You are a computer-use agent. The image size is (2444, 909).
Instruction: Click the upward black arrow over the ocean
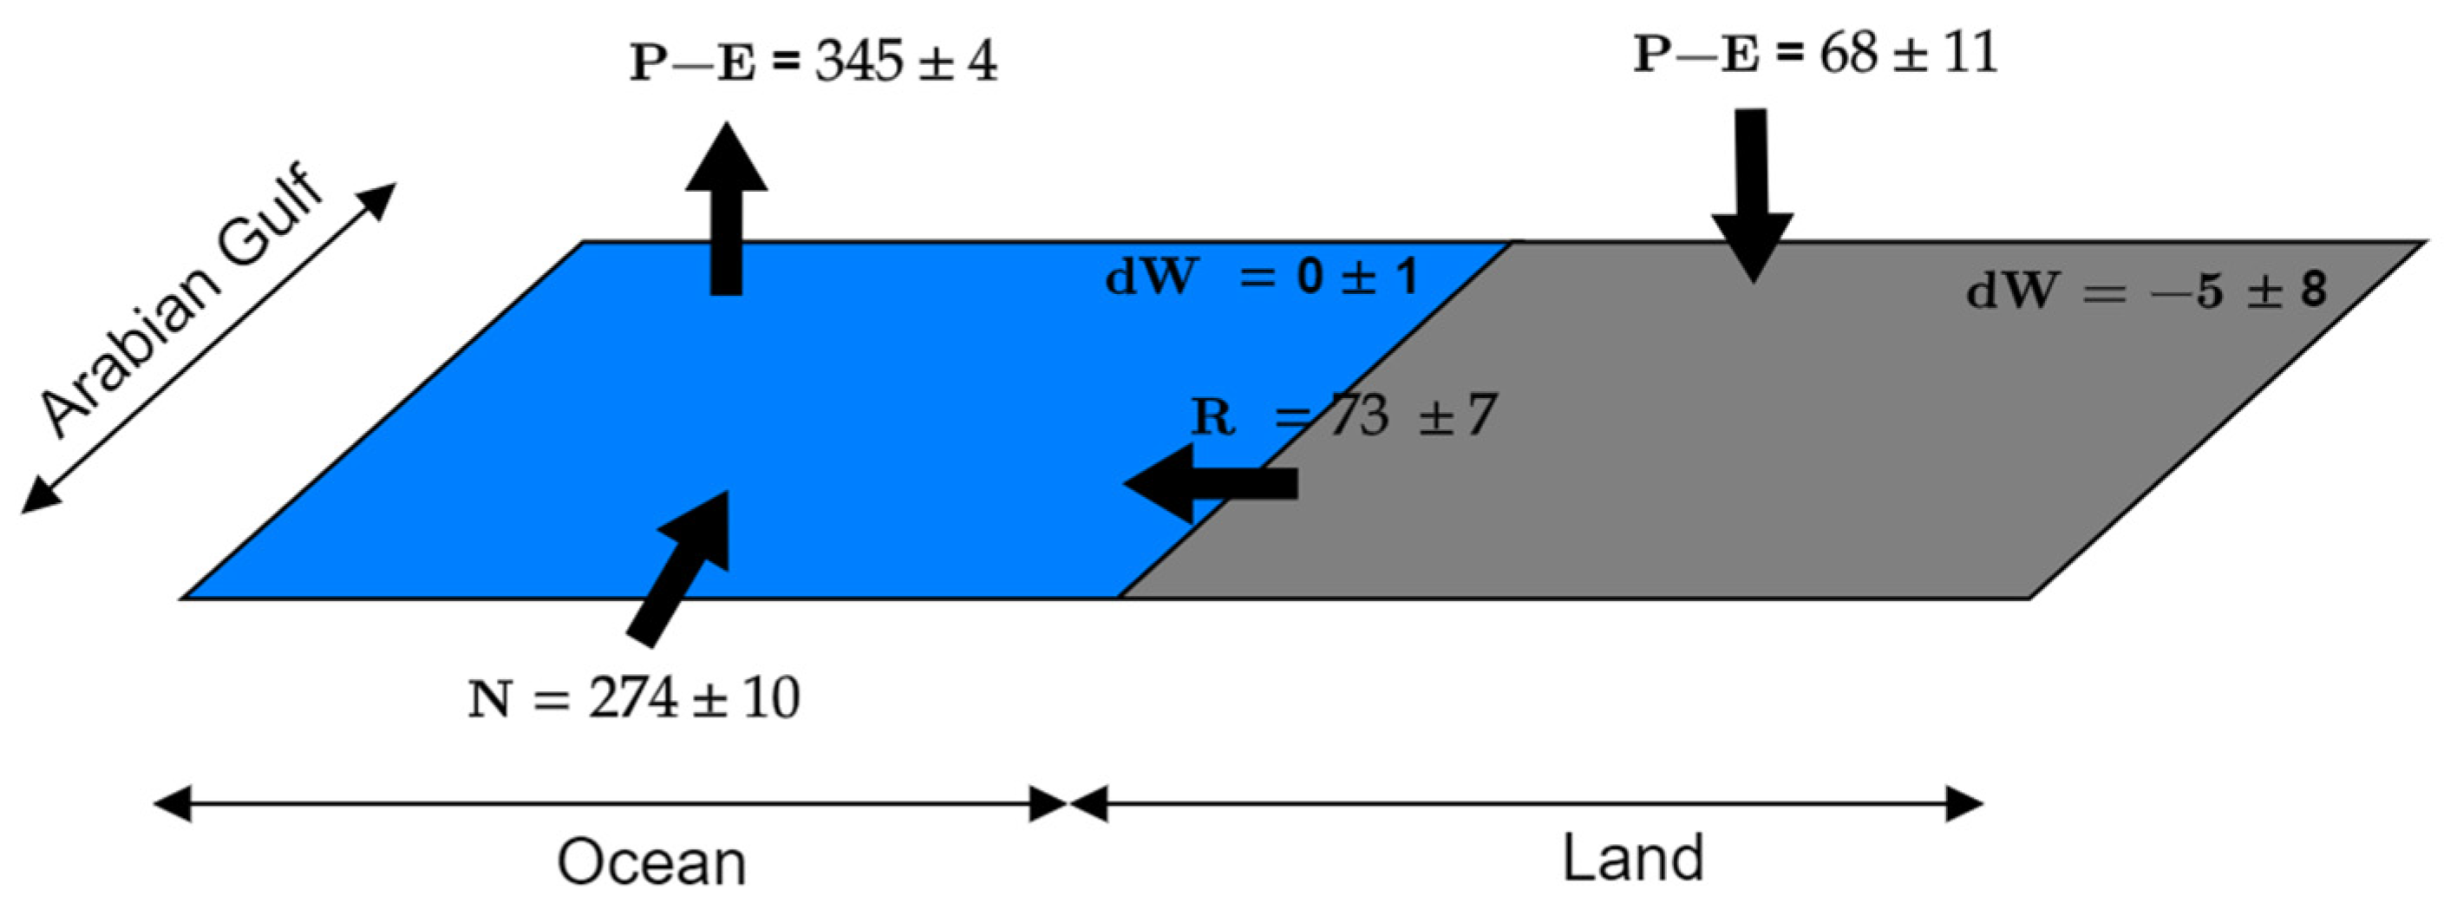click(x=727, y=209)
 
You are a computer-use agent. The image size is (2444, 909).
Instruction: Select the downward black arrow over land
click(x=1753, y=194)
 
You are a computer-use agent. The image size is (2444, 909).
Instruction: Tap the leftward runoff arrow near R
click(x=1210, y=484)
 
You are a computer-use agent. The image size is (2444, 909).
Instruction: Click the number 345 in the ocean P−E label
click(x=859, y=63)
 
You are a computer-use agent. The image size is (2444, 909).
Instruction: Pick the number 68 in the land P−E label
click(x=1849, y=54)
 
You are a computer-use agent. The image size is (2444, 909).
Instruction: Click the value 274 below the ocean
click(x=633, y=700)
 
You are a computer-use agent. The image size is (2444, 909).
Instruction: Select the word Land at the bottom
click(x=1633, y=858)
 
